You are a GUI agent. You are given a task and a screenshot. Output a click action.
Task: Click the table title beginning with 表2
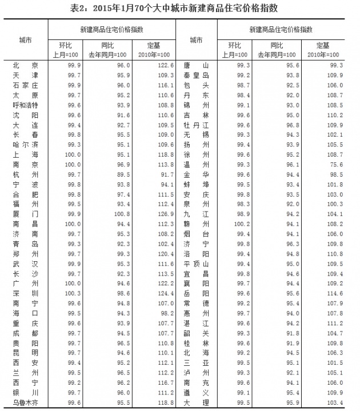180,7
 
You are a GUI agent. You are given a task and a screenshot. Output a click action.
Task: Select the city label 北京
25,65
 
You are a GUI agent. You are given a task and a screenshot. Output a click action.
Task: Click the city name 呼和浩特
25,105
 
